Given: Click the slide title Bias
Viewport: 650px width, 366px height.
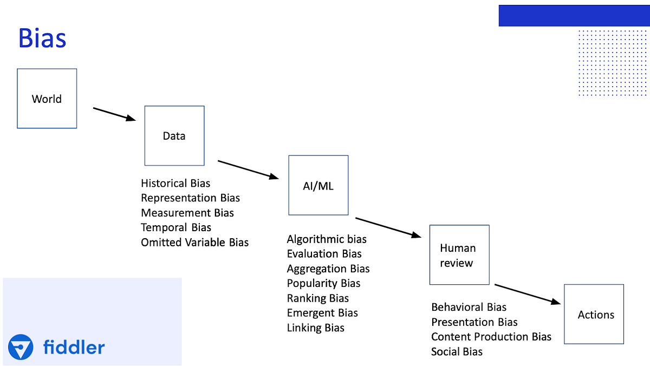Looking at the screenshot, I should tap(42, 38).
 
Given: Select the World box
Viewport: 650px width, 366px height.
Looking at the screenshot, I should tap(47, 99).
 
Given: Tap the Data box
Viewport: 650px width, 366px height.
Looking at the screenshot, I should tap(174, 136).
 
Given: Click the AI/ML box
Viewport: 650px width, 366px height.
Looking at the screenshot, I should tap(318, 186).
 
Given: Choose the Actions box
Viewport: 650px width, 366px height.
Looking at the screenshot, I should tap(594, 315).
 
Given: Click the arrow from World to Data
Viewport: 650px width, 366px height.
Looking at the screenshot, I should tap(114, 114).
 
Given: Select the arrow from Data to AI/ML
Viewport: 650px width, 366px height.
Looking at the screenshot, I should tap(246, 169).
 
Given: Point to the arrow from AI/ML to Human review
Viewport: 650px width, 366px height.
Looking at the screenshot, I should tap(388, 227).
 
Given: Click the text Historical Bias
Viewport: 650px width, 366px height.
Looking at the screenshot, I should tap(175, 184).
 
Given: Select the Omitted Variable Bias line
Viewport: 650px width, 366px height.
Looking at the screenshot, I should tap(195, 242).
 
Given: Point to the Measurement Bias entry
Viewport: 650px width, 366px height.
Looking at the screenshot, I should tap(187, 213).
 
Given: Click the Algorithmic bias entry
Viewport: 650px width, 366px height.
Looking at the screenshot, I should tap(327, 239).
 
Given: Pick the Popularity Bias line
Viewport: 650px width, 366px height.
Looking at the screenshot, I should tap(324, 283).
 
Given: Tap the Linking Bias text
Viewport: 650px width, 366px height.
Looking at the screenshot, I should tap(316, 328).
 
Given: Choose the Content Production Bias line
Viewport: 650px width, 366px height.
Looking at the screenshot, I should tap(491, 337).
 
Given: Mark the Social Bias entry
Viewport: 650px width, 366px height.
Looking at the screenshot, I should tap(457, 352).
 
